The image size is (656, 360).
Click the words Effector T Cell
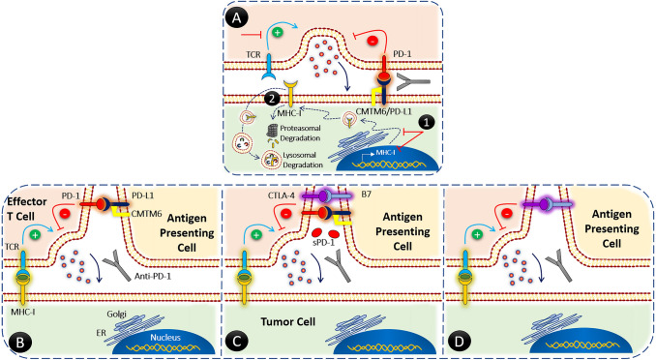(x=30, y=212)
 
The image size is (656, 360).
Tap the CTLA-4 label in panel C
(x=270, y=198)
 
